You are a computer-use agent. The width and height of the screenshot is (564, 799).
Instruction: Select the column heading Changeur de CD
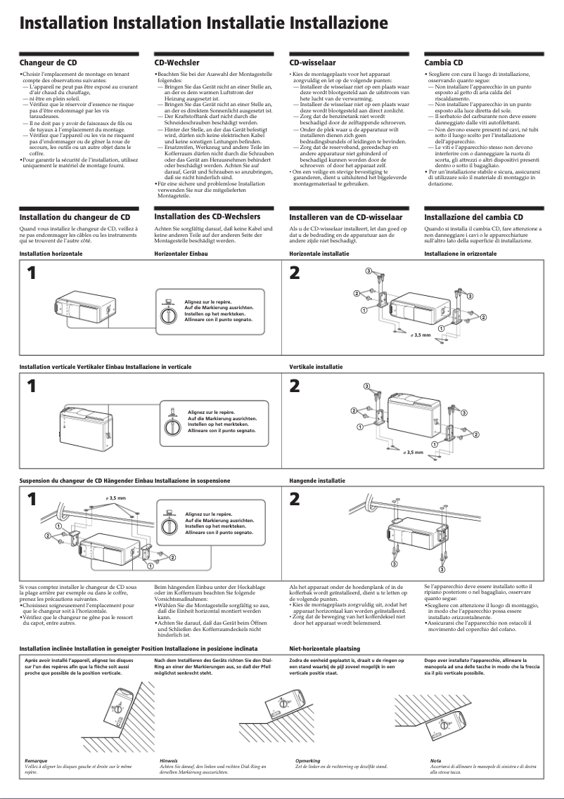48,63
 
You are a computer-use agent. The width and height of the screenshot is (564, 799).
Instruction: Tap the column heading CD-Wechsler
177,63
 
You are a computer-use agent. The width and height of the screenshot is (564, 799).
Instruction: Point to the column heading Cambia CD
444,63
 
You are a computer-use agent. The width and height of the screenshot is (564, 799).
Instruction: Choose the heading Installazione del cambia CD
473,217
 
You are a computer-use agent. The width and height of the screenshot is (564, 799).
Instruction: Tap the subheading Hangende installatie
317,481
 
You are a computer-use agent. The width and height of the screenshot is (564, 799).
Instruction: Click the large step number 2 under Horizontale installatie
295,273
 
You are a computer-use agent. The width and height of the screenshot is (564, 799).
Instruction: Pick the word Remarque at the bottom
36,760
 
